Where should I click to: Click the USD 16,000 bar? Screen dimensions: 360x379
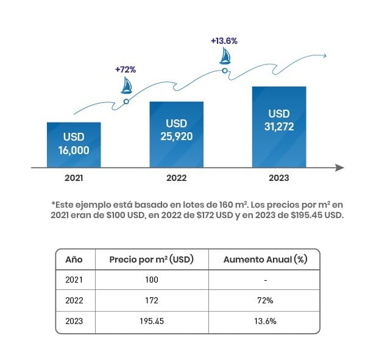click(x=74, y=144)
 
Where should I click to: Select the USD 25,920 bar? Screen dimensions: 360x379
click(x=177, y=133)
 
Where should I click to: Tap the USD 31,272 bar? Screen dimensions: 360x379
click(x=279, y=126)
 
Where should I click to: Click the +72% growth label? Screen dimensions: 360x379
click(x=126, y=69)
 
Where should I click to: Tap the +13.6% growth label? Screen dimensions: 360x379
click(x=224, y=41)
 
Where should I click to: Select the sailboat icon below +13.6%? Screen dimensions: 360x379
click(x=225, y=56)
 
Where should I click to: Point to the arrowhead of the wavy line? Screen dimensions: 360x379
click(x=324, y=56)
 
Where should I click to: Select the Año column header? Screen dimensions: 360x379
click(x=74, y=259)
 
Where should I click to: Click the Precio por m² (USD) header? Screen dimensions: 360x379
click(x=151, y=259)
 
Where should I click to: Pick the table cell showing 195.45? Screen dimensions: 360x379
click(x=152, y=320)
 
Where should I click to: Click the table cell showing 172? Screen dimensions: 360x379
click(x=152, y=300)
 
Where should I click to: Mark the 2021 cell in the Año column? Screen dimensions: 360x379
click(x=74, y=280)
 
